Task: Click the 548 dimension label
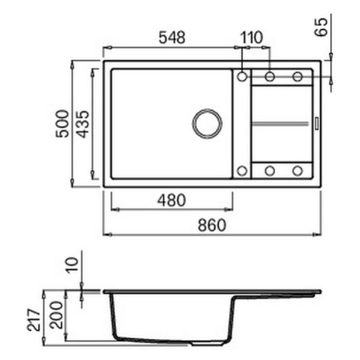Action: [x=172, y=38]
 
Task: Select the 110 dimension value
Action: [x=251, y=38]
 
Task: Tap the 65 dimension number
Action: [x=321, y=28]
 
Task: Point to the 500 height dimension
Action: [x=63, y=123]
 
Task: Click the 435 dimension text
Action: [x=83, y=124]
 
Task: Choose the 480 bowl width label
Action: [x=172, y=200]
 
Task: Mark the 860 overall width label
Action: [x=212, y=225]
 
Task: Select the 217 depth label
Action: [x=34, y=320]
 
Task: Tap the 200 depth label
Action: [x=57, y=315]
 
